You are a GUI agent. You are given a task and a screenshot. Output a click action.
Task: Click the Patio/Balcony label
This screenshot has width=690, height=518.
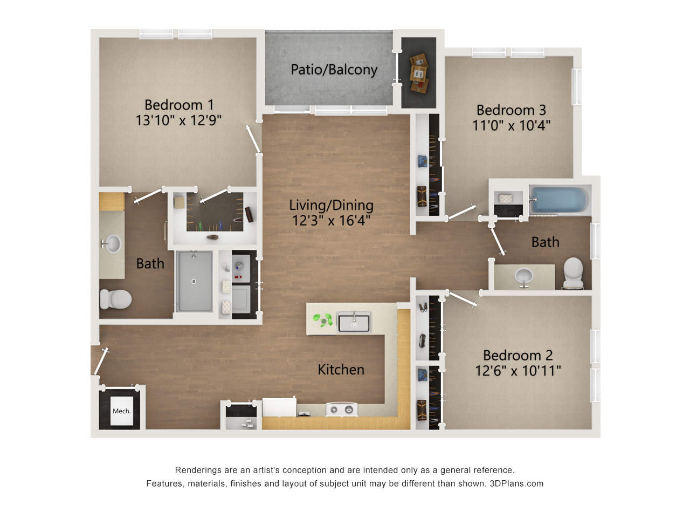pyautogui.click(x=334, y=70)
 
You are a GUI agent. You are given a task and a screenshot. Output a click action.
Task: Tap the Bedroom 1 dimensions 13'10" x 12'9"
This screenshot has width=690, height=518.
pyautogui.click(x=178, y=120)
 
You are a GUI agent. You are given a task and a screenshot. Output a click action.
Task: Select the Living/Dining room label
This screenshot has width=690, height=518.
pyautogui.click(x=332, y=206)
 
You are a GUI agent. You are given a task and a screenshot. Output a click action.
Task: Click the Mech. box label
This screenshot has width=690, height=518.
pyautogui.click(x=122, y=411)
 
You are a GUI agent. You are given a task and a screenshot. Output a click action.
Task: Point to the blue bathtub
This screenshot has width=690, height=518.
pyautogui.click(x=558, y=200)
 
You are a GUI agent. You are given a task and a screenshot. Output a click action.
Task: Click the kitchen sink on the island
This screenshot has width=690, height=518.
pyautogui.click(x=354, y=322)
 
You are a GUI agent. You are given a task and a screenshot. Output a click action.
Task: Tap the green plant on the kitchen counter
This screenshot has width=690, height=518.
pyautogui.click(x=323, y=320)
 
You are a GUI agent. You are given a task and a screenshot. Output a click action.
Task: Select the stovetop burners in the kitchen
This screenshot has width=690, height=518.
pyautogui.click(x=341, y=410)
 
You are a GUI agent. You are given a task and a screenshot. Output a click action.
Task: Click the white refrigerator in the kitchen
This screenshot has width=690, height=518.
pyautogui.click(x=279, y=407)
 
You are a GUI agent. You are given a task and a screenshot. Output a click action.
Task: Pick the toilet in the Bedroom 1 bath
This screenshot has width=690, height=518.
pyautogui.click(x=115, y=299)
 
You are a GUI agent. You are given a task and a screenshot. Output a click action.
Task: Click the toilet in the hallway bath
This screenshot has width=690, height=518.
pyautogui.click(x=573, y=273)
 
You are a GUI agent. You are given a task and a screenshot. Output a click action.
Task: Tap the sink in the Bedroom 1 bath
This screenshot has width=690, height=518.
pyautogui.click(x=112, y=243)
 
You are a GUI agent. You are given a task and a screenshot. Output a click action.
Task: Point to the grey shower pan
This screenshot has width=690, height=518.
pyautogui.click(x=194, y=281)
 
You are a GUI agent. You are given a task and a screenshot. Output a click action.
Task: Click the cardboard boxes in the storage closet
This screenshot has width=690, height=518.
pyautogui.click(x=419, y=73)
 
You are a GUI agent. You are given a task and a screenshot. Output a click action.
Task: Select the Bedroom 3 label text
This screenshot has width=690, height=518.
pyautogui.click(x=511, y=110)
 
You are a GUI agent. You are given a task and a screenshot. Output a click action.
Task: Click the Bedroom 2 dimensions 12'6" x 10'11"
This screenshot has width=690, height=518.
pyautogui.click(x=517, y=371)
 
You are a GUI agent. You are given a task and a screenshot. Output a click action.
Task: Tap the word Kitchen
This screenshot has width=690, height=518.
pyautogui.click(x=341, y=370)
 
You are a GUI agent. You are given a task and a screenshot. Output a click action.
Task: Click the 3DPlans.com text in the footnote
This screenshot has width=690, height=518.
pyautogui.click(x=516, y=483)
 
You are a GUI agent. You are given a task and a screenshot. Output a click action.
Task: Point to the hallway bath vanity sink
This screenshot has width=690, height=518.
pyautogui.click(x=524, y=276)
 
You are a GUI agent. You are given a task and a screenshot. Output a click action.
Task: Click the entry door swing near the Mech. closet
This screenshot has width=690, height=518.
pyautogui.click(x=101, y=362)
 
